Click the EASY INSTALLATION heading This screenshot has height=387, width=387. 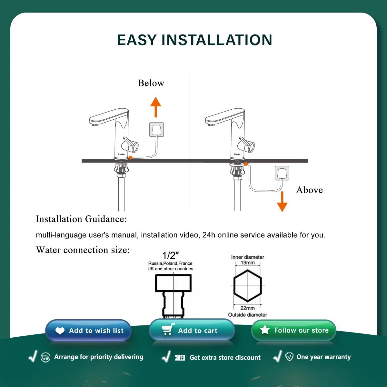tap(194, 40)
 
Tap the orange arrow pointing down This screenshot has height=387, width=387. tap(282, 202)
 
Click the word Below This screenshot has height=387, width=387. tap(151, 83)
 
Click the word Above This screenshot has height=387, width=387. tap(309, 190)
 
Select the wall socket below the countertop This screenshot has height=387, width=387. tap(282, 173)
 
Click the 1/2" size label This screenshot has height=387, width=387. tap(170, 255)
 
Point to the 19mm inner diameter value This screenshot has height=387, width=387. tap(247, 263)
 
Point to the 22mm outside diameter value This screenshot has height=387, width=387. tap(247, 308)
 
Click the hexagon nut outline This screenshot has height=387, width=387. tap(247, 286)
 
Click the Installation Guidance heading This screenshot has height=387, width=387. tap(81, 219)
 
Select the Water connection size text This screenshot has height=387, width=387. tap(83, 250)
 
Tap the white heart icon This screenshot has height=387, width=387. tap(60, 331)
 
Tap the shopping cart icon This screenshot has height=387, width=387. tap(168, 330)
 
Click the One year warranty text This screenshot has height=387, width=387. tap(323, 357)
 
